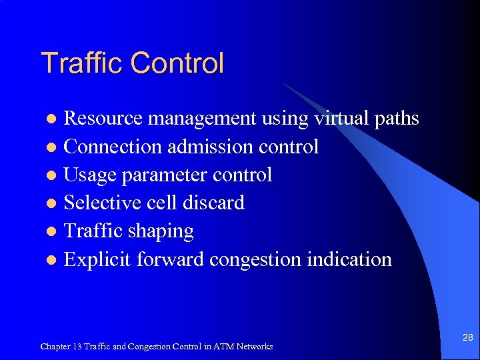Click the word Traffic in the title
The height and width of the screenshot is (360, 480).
[x=83, y=63]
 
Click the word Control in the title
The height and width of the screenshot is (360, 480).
[x=177, y=63]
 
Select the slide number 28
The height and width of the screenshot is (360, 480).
[x=468, y=338]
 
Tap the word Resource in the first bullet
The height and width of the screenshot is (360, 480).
[x=103, y=119]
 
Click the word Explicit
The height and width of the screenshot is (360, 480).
[x=97, y=259]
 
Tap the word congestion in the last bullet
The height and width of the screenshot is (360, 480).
[x=255, y=259]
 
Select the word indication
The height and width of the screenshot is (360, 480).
[x=349, y=259]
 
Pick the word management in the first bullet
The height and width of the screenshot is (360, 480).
[x=201, y=119]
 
